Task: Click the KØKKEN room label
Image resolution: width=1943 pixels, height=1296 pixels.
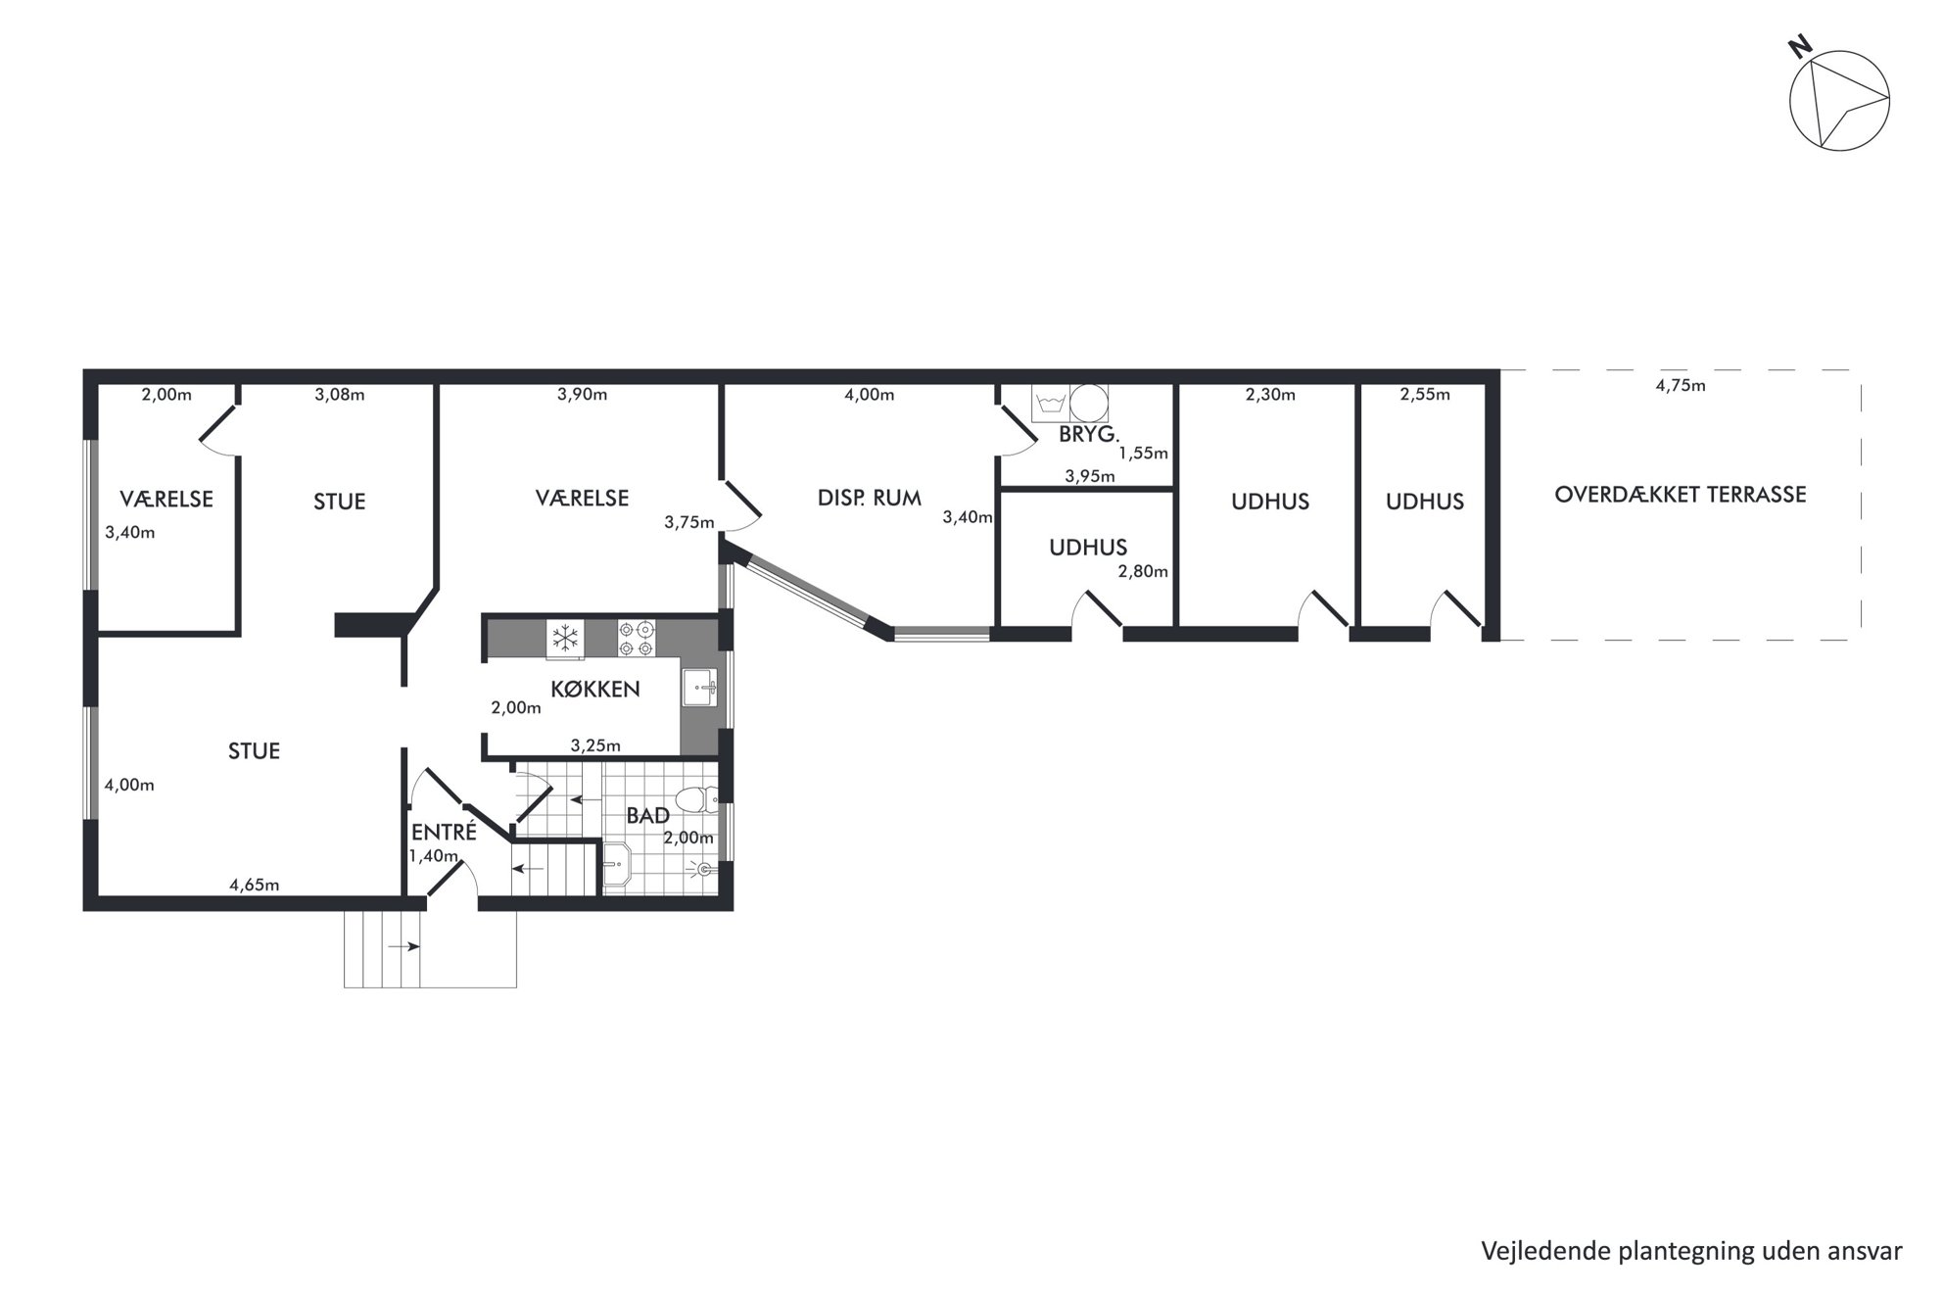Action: pos(594,689)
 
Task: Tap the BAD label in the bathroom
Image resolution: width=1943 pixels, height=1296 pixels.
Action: pos(647,815)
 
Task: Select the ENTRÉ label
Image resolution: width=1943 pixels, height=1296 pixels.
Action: pos(444,833)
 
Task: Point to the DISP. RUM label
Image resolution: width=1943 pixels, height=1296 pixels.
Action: pos(869,498)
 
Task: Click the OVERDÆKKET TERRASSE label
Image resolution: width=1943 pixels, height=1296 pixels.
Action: pos(1680,494)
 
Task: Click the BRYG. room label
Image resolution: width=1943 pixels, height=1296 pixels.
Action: pos(1088,435)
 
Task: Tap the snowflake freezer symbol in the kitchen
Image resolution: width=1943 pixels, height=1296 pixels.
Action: pos(565,639)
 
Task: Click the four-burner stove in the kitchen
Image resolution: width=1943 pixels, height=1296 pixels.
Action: pos(636,638)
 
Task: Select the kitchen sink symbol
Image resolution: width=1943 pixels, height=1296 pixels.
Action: pos(700,688)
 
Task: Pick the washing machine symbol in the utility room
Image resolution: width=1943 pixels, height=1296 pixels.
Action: pos(1052,403)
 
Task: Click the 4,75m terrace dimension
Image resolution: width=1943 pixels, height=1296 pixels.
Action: pos(1681,386)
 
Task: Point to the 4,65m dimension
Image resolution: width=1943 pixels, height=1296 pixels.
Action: pos(255,885)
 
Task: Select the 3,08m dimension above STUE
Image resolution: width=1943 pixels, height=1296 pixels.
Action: pos(340,395)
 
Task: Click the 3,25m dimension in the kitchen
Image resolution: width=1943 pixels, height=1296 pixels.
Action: pos(595,745)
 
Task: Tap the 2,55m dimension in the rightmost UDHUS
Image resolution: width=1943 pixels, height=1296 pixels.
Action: pos(1425,395)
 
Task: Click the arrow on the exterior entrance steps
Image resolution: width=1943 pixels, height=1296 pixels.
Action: pos(404,946)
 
